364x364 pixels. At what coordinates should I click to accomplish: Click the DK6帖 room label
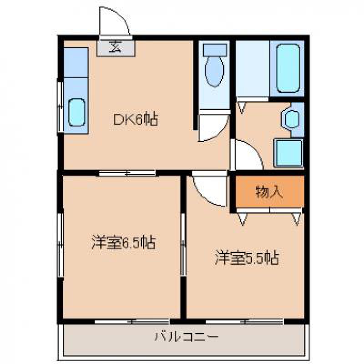coord(136,119)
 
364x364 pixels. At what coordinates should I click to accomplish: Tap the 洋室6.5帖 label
coord(123,243)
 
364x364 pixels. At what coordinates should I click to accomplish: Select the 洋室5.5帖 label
coord(247,257)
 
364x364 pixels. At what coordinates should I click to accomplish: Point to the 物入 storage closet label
coord(269,192)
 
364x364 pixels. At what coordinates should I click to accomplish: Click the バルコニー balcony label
coord(187,337)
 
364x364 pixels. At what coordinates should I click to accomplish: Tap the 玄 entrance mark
coord(116,46)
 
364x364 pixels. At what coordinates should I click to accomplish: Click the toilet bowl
coord(214,71)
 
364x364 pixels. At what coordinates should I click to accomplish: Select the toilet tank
coord(214,50)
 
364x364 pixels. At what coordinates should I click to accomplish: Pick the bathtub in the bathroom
coord(288,68)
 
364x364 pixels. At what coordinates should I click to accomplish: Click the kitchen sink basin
coord(77,112)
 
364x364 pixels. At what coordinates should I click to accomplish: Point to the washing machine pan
coord(288,153)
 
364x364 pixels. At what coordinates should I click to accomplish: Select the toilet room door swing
coord(213,127)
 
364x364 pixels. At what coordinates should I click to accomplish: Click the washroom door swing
coord(248,155)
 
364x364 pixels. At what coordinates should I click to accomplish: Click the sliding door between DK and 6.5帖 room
coord(127,173)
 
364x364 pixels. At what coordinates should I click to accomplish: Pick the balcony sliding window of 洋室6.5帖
coord(132,322)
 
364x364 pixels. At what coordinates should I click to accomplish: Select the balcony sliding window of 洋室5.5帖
coord(245,322)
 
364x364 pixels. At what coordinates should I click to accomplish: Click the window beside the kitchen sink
coord(61,106)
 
